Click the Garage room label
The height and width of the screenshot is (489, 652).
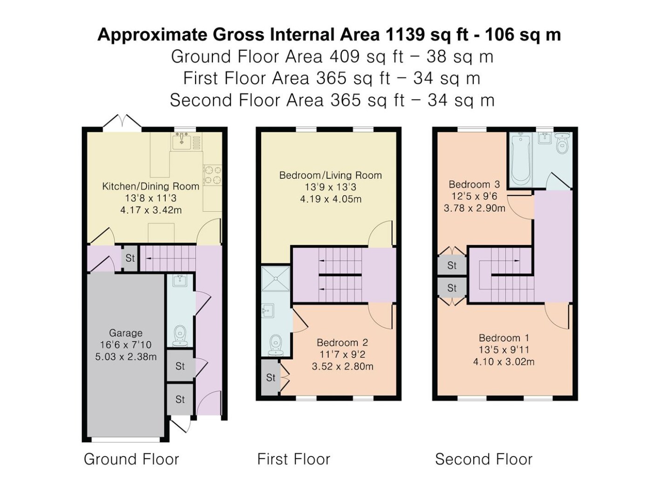[126, 333]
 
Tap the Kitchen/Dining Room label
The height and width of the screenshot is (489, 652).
[150, 186]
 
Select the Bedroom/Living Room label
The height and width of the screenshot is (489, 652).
[331, 175]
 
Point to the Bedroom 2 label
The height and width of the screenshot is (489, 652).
[342, 343]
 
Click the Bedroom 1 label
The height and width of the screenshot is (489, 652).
[504, 338]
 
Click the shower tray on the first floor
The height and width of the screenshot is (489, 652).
[275, 278]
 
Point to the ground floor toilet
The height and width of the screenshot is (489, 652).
[180, 336]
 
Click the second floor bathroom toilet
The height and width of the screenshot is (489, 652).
[562, 143]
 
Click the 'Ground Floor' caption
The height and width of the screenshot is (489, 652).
[132, 459]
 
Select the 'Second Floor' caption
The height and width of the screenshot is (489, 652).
[484, 459]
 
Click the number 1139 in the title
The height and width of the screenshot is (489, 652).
[405, 34]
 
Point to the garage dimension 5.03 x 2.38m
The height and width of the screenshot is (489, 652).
[126, 357]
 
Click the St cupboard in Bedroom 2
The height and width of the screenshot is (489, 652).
[271, 377]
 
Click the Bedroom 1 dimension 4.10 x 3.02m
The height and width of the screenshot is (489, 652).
[504, 362]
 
